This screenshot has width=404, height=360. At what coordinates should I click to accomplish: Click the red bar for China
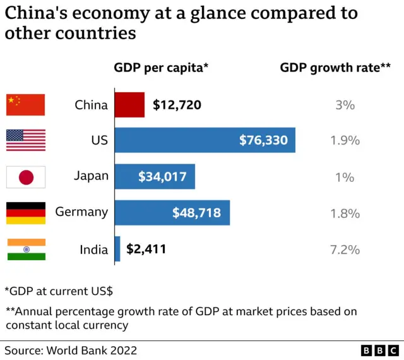pyautogui.click(x=129, y=105)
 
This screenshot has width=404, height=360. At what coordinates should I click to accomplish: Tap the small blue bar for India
pyautogui.click(x=117, y=249)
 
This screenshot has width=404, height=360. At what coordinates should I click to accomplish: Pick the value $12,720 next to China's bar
pyautogui.click(x=177, y=105)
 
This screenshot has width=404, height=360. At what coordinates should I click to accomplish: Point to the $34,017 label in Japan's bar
pyautogui.click(x=163, y=177)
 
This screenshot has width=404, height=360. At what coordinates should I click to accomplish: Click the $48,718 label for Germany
pyautogui.click(x=197, y=213)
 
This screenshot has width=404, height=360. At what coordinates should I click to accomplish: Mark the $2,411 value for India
pyautogui.click(x=146, y=249)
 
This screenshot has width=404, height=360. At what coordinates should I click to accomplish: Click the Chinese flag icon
pyautogui.click(x=26, y=105)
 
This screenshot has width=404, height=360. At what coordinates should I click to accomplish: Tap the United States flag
pyautogui.click(x=26, y=140)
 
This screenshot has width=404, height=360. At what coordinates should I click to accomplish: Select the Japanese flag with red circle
pyautogui.click(x=26, y=177)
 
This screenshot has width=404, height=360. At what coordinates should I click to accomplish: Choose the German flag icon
pyautogui.click(x=26, y=213)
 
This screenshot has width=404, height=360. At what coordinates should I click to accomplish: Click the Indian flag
pyautogui.click(x=26, y=249)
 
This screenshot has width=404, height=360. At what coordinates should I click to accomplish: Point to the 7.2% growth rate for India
pyautogui.click(x=345, y=249)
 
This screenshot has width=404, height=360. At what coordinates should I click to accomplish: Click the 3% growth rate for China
pyautogui.click(x=345, y=105)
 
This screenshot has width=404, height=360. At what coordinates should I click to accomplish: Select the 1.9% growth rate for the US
pyautogui.click(x=345, y=140)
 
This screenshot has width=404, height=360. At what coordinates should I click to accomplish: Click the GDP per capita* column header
pyautogui.click(x=161, y=68)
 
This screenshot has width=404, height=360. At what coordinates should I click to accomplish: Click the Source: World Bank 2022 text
pyautogui.click(x=71, y=350)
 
